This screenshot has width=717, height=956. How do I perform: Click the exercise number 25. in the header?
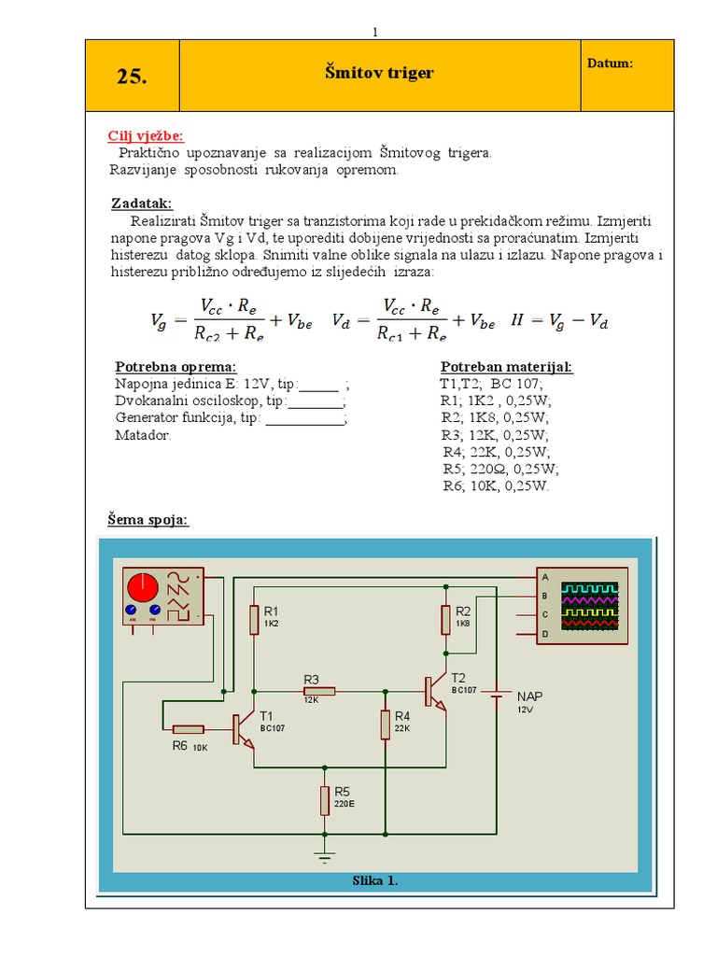point(132,77)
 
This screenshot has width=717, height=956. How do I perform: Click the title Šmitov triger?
point(379,72)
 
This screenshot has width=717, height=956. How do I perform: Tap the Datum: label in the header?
point(611,63)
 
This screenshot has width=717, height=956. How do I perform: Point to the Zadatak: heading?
point(141,204)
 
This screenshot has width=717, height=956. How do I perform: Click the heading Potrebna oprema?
point(176,366)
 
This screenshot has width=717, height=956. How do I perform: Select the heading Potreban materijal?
point(506,366)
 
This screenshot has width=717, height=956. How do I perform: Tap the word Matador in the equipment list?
point(142,436)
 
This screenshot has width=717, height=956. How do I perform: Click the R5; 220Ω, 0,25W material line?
point(500,469)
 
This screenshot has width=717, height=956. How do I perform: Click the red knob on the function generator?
point(143,587)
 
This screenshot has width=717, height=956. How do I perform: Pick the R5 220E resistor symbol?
point(325,800)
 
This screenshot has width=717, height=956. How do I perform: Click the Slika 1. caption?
point(375,880)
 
